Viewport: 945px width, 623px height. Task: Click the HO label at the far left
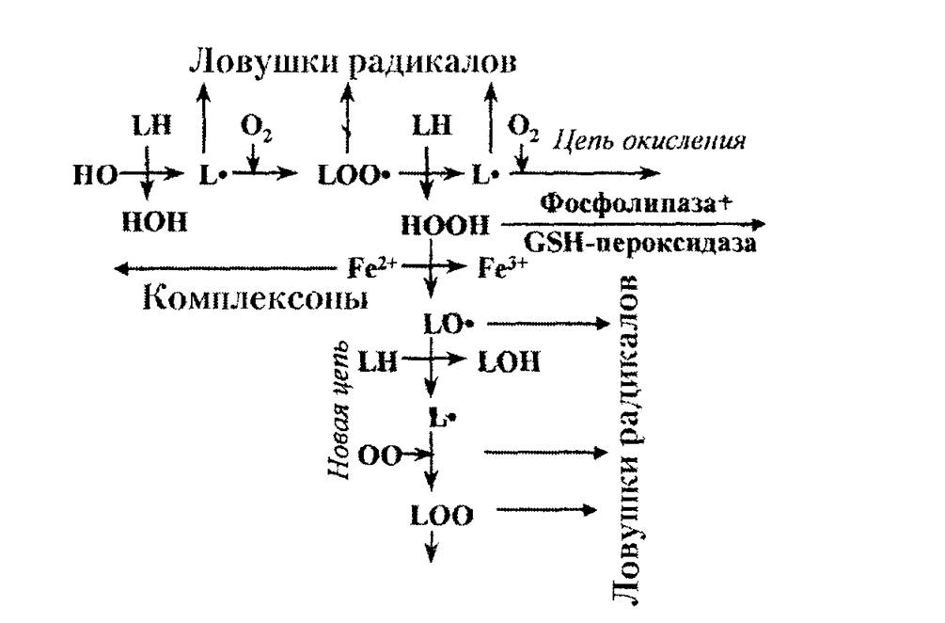[x=95, y=175]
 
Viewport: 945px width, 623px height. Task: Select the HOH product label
[x=154, y=222]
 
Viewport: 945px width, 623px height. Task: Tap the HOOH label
[x=446, y=226]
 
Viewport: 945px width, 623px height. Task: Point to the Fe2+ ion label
[x=371, y=266]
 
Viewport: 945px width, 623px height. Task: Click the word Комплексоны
[x=256, y=297]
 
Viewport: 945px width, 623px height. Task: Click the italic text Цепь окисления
[x=649, y=141]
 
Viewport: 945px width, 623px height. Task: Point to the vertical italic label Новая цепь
[x=339, y=410]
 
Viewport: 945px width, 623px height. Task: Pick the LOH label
[x=509, y=362]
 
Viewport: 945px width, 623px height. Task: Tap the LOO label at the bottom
[x=442, y=516]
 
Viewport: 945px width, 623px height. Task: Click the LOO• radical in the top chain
[x=354, y=175]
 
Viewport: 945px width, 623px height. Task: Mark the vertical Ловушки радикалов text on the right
[x=628, y=439]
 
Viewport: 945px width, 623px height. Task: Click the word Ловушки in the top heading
[x=262, y=62]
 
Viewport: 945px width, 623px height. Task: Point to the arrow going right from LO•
[x=548, y=324]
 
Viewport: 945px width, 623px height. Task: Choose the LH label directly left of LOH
[x=378, y=362]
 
